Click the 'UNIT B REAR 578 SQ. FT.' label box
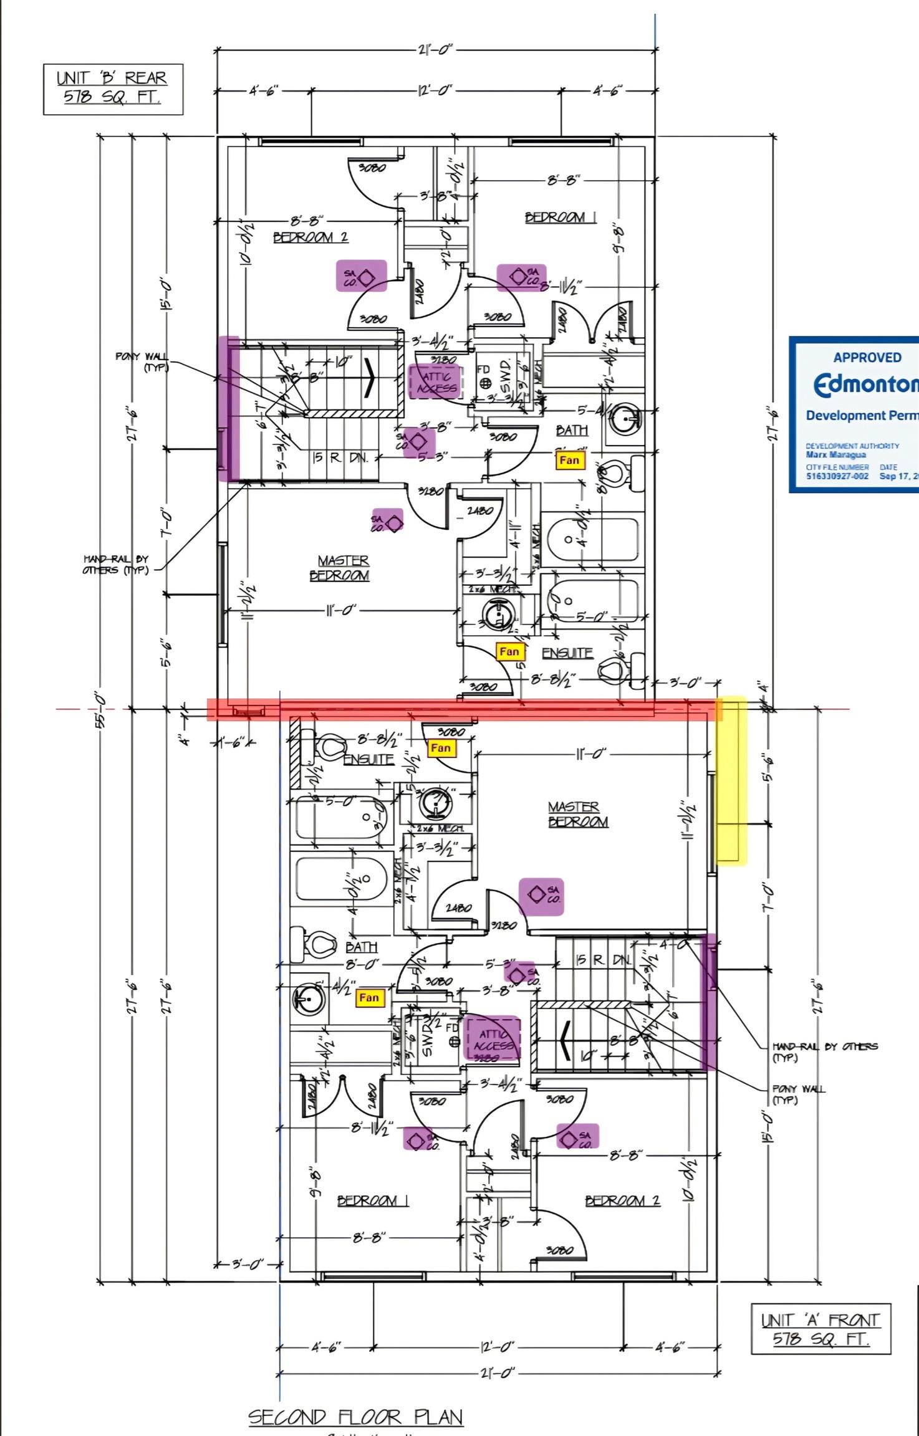pos(113,89)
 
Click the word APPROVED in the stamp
pos(867,358)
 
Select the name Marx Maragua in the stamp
pos(827,454)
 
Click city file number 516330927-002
pos(837,476)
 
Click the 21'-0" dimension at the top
pos(435,50)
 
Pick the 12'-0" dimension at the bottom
pos(497,1347)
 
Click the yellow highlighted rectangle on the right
pos(731,781)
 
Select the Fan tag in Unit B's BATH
pos(569,461)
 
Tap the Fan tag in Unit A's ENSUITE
pos(441,748)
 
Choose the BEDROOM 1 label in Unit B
pos(560,218)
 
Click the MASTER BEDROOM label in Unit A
pos(577,815)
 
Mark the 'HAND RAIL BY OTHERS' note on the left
pos(115,565)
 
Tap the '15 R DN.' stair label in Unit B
pos(340,457)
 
